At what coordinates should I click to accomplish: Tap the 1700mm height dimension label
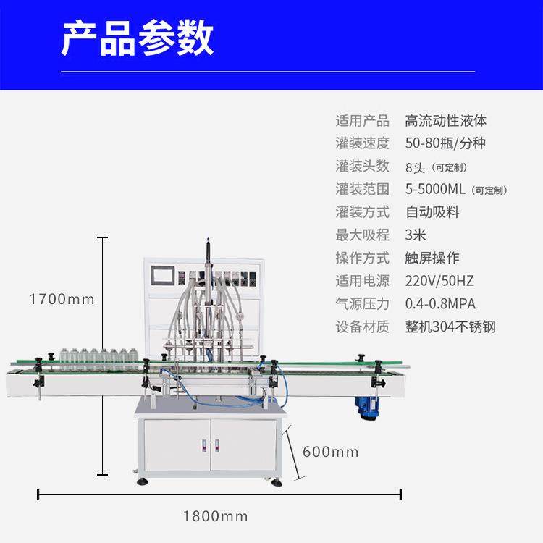pos(62,298)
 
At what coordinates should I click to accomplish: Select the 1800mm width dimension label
pos(215,516)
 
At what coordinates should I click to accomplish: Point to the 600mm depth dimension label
pos(330,452)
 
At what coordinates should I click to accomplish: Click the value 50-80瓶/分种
pos(445,143)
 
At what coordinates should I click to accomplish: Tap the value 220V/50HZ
pos(439,281)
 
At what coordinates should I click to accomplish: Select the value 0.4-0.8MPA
pos(440,303)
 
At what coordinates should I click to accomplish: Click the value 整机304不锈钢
pos(450,327)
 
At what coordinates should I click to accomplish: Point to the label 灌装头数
pos(363,167)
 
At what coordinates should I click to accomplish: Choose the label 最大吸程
pos(363,235)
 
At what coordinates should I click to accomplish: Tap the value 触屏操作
pos(432,258)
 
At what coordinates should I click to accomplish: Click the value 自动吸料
pos(432,212)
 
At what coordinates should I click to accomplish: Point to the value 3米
pos(417,235)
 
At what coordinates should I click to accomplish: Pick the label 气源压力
pos(363,303)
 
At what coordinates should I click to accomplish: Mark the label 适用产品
pos(363,121)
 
